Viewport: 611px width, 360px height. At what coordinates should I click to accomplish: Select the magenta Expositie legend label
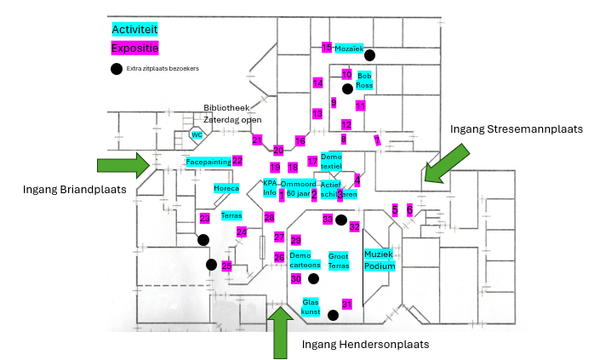(x=135, y=48)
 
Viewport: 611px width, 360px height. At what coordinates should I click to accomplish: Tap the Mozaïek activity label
(x=348, y=49)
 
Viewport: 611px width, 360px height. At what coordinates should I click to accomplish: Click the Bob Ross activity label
(x=364, y=81)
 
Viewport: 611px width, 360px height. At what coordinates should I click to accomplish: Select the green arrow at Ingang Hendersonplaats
(x=279, y=331)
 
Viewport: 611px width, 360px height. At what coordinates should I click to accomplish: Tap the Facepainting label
(x=208, y=161)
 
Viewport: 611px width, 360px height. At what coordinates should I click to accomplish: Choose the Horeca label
(x=226, y=188)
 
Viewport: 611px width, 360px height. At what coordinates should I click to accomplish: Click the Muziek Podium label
(x=380, y=260)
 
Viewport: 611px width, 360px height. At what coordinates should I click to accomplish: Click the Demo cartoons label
(x=305, y=260)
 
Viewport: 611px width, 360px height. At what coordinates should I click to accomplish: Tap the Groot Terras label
(x=339, y=260)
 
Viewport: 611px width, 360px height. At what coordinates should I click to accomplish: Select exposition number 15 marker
(x=327, y=48)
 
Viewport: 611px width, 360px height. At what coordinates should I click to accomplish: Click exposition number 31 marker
(x=346, y=304)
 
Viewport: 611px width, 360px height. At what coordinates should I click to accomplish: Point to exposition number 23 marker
(x=204, y=219)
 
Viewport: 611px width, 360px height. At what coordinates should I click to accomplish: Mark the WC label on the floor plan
(x=197, y=135)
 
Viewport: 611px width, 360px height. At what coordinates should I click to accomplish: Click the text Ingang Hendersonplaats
(x=365, y=344)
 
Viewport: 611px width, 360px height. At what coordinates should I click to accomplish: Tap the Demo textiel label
(x=331, y=161)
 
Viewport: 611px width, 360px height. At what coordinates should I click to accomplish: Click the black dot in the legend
(x=117, y=69)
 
